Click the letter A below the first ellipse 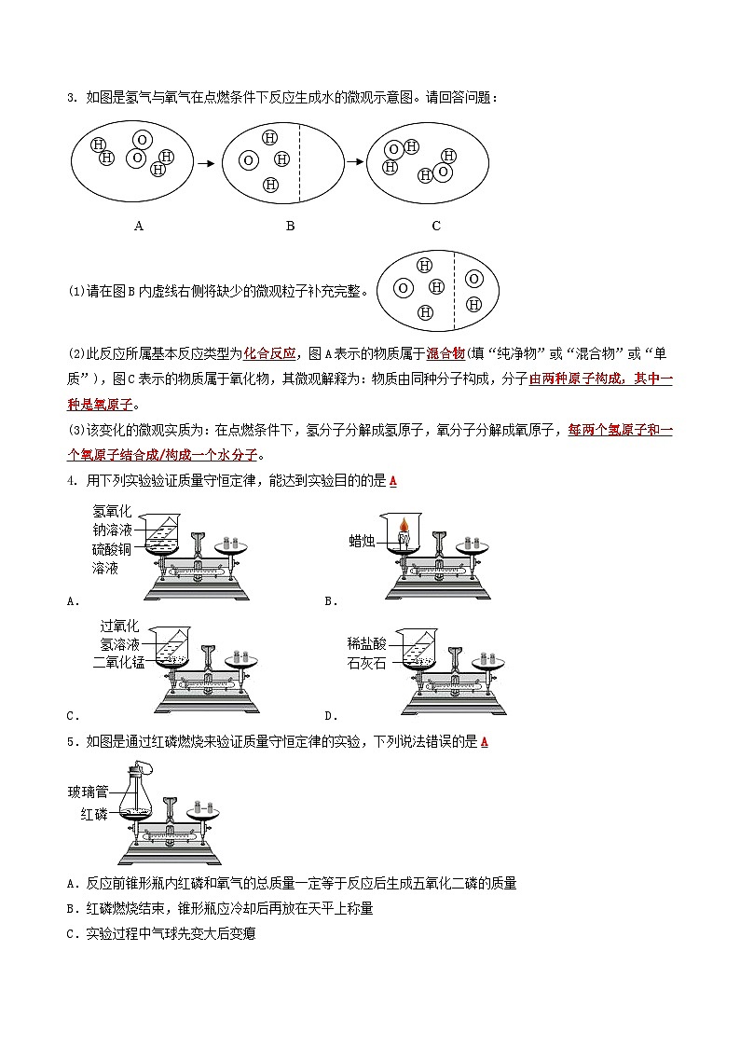tap(139, 226)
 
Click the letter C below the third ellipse tap(436, 226)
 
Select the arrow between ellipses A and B tap(206, 163)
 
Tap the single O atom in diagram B tap(248, 160)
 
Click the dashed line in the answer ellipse tap(452, 289)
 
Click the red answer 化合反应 tap(269, 353)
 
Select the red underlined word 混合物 tap(445, 353)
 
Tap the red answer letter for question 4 tap(392, 481)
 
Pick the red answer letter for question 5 tap(484, 742)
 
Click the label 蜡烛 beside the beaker tap(362, 540)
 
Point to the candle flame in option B tap(404, 527)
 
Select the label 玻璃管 tap(88, 792)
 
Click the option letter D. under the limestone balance tap(330, 716)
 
